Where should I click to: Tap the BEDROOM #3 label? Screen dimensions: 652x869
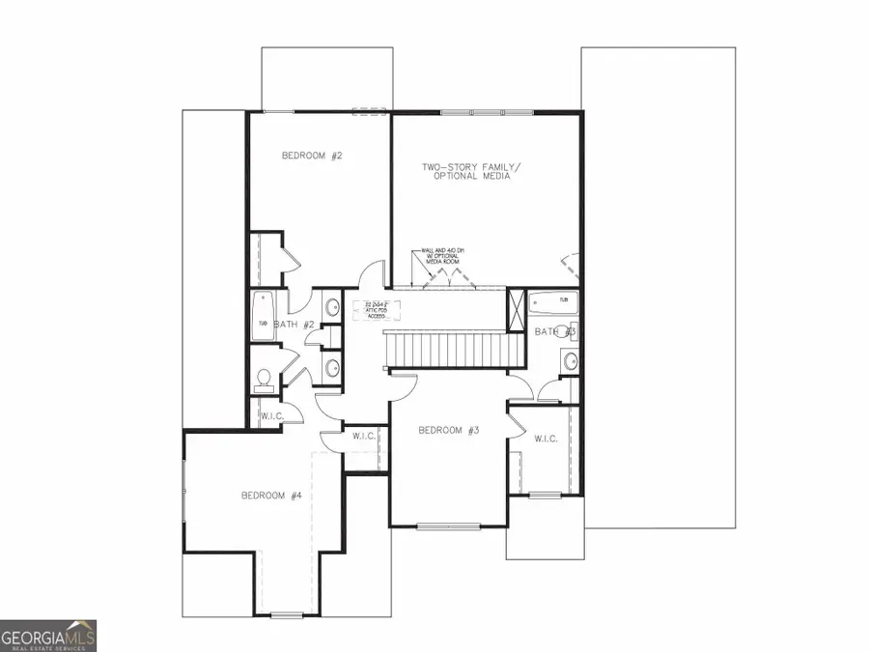click(x=449, y=431)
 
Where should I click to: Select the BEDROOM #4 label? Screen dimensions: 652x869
click(x=271, y=496)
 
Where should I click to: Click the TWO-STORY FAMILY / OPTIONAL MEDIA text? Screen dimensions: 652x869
click(x=471, y=172)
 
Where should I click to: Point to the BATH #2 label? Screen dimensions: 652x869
click(x=294, y=325)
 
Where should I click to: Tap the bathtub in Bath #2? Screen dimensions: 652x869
click(x=262, y=316)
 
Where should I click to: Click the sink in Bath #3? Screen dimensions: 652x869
click(x=570, y=362)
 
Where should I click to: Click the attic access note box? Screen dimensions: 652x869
click(x=377, y=309)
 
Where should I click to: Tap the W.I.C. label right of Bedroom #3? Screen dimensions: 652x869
click(x=546, y=439)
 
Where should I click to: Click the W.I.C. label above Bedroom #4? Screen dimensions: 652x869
click(x=364, y=437)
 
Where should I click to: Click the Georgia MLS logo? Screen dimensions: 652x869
click(x=48, y=637)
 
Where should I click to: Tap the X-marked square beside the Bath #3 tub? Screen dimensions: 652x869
click(x=516, y=313)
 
